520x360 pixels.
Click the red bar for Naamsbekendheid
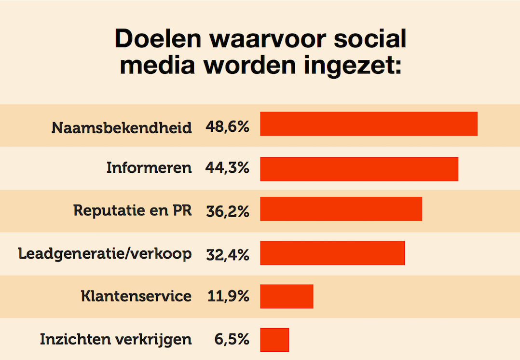[x=369, y=124]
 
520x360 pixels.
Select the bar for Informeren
[x=359, y=169]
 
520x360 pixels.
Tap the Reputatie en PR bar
[x=341, y=209]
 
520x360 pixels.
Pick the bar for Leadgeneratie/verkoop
[x=332, y=253]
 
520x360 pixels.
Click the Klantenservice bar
[x=287, y=296]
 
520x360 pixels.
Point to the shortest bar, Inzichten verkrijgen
[x=274, y=340]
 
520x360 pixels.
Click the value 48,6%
[x=227, y=127]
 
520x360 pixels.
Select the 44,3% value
[x=227, y=168]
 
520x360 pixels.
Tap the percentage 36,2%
[x=227, y=211]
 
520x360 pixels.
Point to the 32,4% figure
[x=227, y=254]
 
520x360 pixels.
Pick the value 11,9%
[x=227, y=296]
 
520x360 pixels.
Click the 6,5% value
[x=232, y=339]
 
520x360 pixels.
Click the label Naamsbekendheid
[x=122, y=128]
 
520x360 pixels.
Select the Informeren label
[x=149, y=168]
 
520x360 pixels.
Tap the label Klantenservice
[x=136, y=296]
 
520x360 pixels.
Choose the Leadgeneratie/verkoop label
[x=105, y=254]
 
